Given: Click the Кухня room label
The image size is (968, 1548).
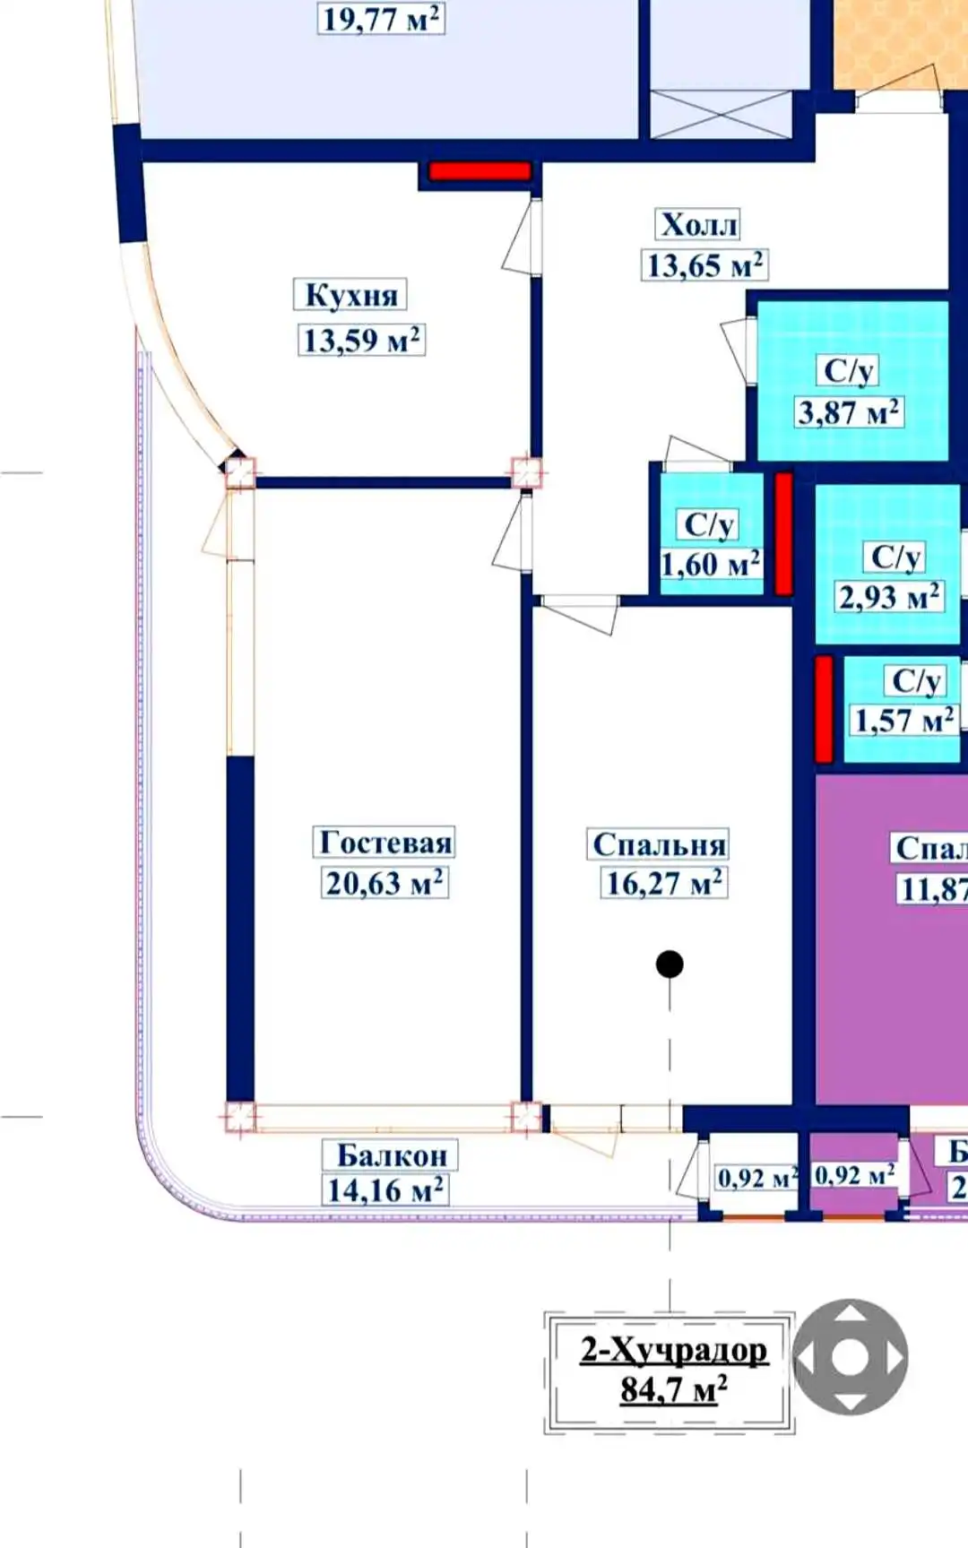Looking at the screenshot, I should coord(350,295).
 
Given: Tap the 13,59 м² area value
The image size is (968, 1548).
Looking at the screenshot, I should coord(361,341).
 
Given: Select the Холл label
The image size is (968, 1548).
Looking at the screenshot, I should coord(699,224).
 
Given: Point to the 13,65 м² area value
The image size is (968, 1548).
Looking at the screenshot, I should coord(705,265).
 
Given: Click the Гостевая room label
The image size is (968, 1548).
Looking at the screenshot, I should coord(386,843).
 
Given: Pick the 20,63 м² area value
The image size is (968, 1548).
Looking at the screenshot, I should coord(385,883).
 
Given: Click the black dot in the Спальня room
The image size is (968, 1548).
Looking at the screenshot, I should coord(670,964).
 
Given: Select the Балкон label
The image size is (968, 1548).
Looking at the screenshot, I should coord(392,1155).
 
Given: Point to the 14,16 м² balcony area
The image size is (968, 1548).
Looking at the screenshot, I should coord(385,1190).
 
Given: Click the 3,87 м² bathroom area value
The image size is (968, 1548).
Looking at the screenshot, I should coord(849,412).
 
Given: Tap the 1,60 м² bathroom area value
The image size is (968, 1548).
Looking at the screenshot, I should coord(711,565).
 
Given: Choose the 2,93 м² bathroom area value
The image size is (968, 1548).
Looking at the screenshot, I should coord(890,596).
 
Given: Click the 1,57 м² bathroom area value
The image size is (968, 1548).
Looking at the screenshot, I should coord(904,720).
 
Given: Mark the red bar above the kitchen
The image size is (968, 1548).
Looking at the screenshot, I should coord(480,171).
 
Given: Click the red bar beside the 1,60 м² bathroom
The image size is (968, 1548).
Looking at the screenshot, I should coord(783,533).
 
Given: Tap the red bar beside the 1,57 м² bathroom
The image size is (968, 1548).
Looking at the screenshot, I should coord(824,709).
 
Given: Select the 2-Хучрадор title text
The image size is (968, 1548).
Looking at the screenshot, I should coord(673,1350).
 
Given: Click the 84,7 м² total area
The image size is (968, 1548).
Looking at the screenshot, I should coord(673,1389).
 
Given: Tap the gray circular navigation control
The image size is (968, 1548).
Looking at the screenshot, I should coord(851,1357).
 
